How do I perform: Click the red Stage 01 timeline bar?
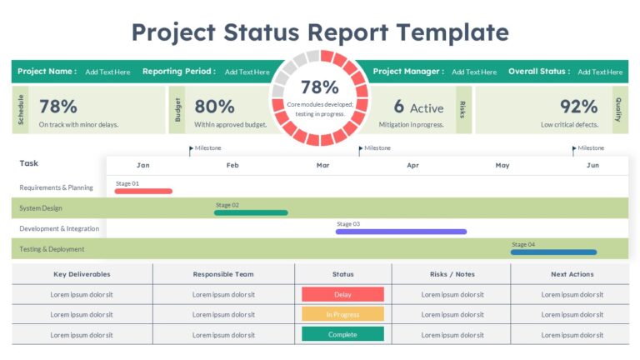click(x=143, y=191)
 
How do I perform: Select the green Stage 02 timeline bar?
click(x=251, y=212)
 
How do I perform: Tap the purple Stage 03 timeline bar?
click(x=401, y=232)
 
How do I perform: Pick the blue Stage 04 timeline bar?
click(x=553, y=252)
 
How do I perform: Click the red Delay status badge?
click(x=342, y=294)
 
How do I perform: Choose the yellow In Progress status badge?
click(x=342, y=314)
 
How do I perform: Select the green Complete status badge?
click(x=342, y=334)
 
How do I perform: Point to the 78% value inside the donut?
click(x=319, y=87)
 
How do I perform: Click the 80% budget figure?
click(x=214, y=107)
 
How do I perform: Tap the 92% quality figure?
click(x=579, y=107)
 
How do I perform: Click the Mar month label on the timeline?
click(x=322, y=165)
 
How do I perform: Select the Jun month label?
click(x=592, y=165)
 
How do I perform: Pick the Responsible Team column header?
click(x=223, y=274)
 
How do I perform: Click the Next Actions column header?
click(x=572, y=274)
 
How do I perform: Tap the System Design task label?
click(x=41, y=208)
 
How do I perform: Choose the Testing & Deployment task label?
click(x=52, y=248)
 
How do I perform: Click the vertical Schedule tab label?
click(x=21, y=109)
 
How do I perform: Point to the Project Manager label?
click(x=408, y=72)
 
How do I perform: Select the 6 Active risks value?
click(x=418, y=107)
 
